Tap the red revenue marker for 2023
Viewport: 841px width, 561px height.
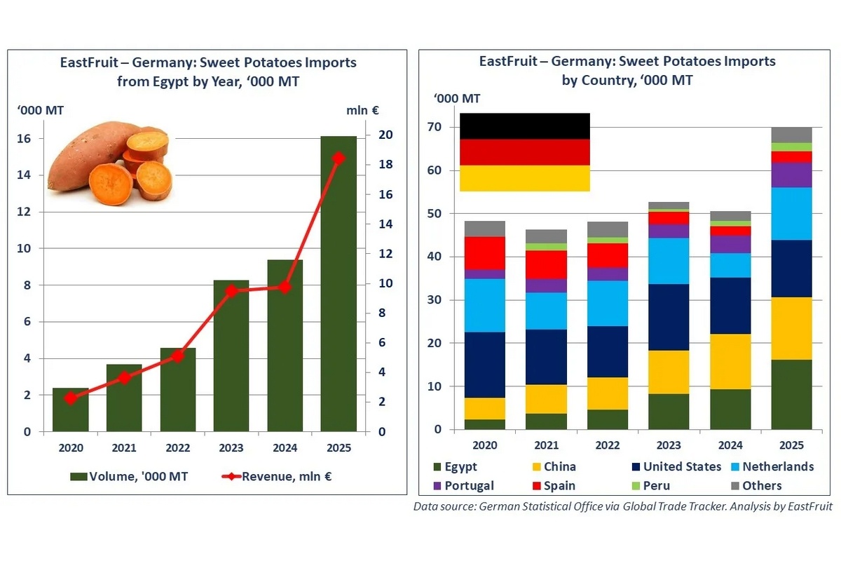click(x=232, y=290)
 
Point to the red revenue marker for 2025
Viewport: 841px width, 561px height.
click(x=339, y=158)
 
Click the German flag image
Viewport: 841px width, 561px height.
click(x=524, y=152)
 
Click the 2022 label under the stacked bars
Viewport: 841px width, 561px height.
click(x=608, y=445)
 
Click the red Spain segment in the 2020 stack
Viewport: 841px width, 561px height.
click(x=485, y=252)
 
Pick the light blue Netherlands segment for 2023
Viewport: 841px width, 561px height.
click(x=669, y=261)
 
